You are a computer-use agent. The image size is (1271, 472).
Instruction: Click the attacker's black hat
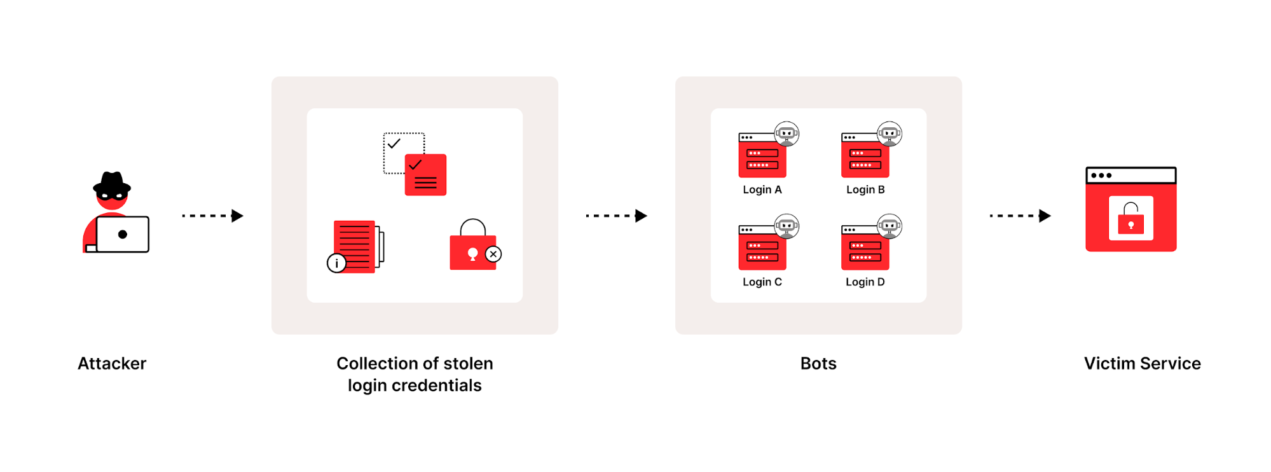(x=112, y=183)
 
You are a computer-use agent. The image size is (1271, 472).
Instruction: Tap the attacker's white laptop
(x=123, y=234)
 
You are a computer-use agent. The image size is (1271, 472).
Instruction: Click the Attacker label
(x=112, y=363)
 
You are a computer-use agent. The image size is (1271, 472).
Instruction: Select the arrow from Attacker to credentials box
(x=212, y=216)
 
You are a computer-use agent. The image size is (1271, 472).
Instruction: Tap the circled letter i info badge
(x=336, y=263)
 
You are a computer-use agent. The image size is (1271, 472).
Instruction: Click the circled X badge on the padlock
(x=493, y=254)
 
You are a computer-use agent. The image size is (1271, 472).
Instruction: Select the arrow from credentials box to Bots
(x=616, y=216)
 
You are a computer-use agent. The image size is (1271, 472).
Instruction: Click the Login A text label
(x=762, y=190)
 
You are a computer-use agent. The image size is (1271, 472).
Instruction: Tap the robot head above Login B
(x=889, y=134)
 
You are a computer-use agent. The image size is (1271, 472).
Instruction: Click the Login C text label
(x=762, y=282)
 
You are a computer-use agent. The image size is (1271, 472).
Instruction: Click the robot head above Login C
(x=787, y=226)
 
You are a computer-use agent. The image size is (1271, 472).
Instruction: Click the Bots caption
(x=818, y=363)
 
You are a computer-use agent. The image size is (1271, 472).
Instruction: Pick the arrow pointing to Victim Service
(x=1020, y=216)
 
